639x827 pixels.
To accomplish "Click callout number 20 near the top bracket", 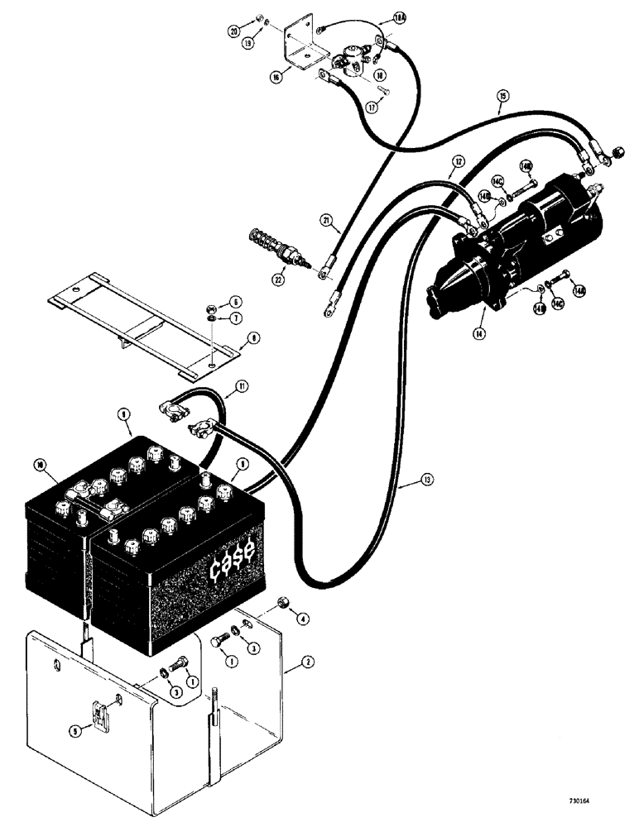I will pos(236,31).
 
